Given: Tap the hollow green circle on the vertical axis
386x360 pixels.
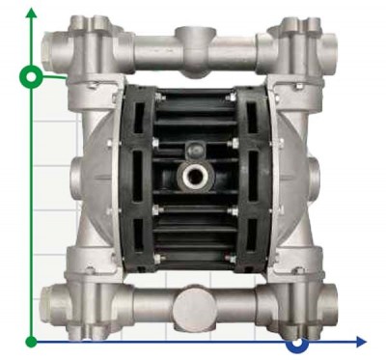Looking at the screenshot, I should coord(32,75).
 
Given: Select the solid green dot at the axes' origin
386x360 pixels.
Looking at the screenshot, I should coord(32,341).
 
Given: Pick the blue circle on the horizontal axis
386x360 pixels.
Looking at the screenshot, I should coord(297,343).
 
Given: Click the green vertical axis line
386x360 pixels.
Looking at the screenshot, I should coord(32,212).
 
